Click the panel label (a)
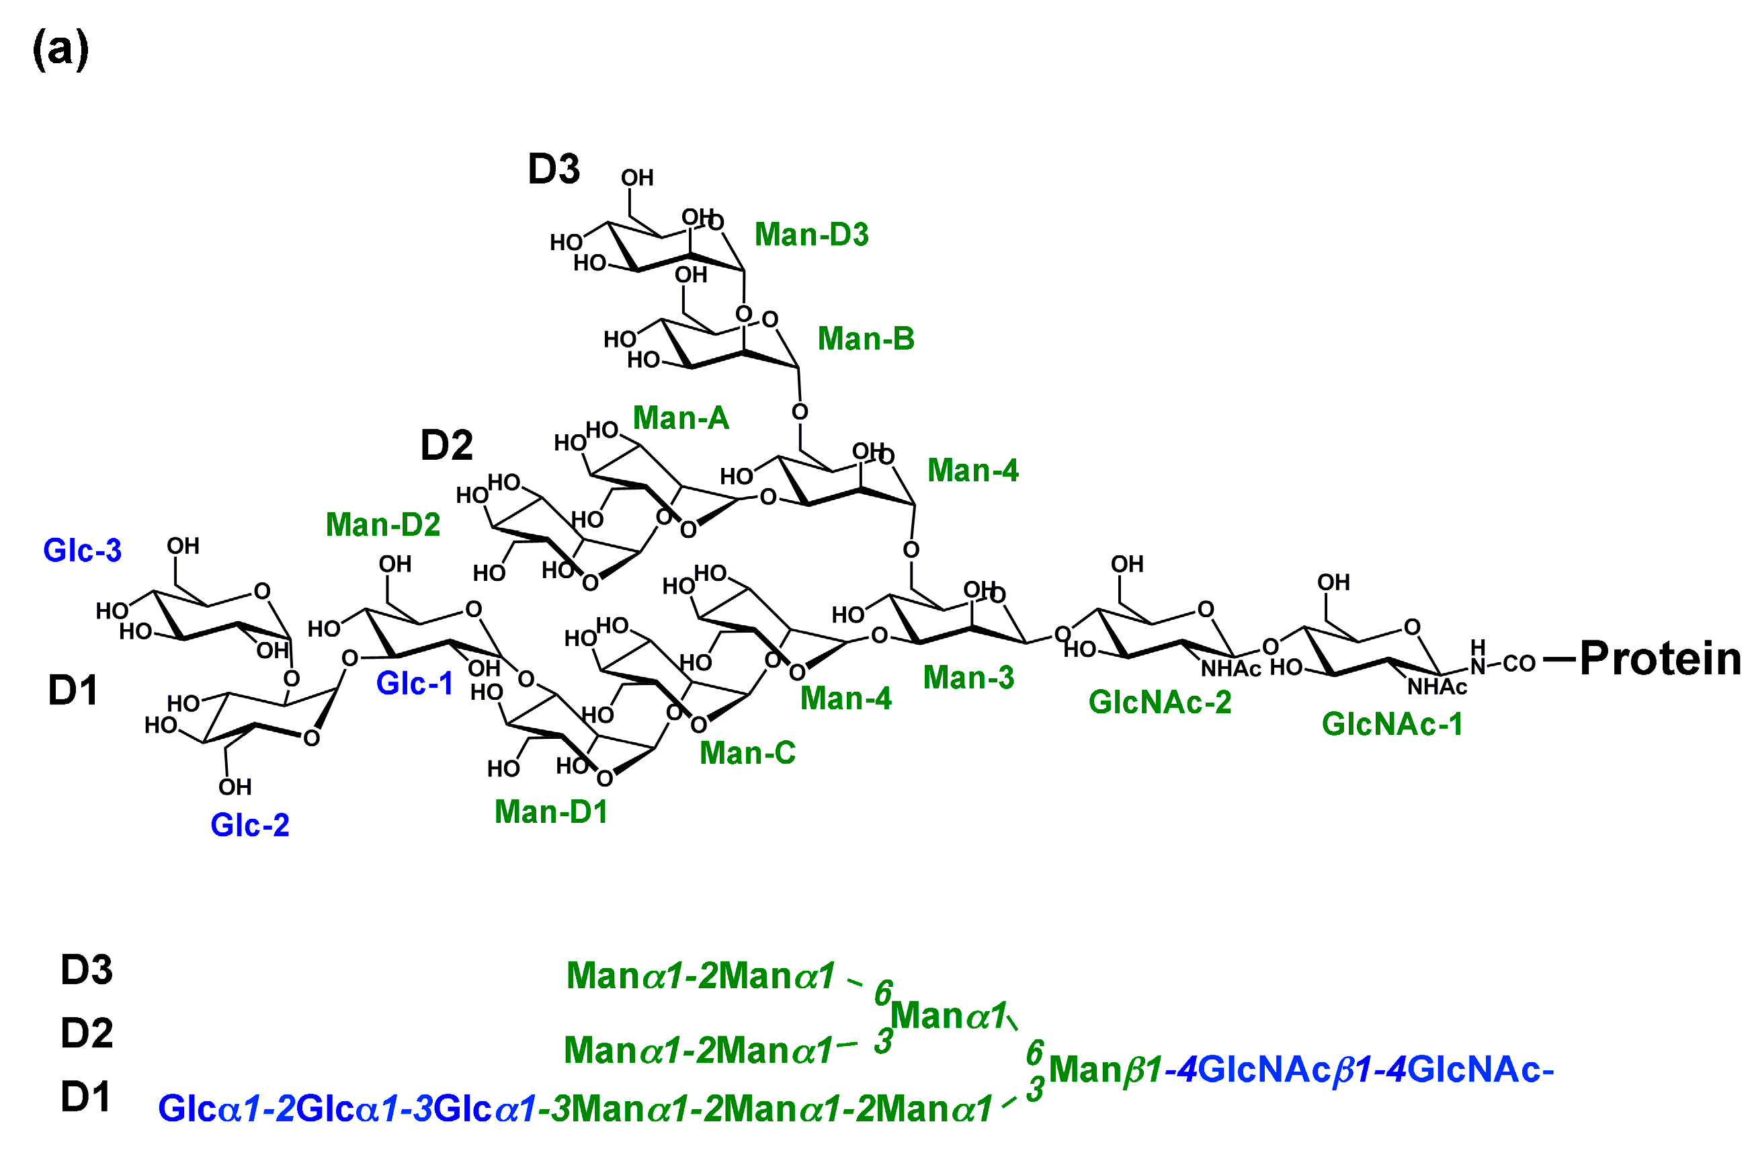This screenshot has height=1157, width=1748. click(60, 50)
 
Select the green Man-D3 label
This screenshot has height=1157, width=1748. click(810, 235)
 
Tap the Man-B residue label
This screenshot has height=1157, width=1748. click(865, 339)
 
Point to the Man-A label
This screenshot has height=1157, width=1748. click(680, 418)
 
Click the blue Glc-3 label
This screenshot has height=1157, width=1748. click(82, 551)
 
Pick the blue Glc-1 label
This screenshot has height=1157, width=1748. click(414, 683)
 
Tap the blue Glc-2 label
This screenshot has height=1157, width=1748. click(249, 825)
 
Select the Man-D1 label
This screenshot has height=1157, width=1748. click(550, 811)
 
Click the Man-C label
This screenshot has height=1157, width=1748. click(747, 753)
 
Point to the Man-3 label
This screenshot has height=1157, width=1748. click(968, 678)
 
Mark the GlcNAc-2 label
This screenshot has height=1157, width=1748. click(1159, 702)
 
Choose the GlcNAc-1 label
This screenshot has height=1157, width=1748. click(1392, 724)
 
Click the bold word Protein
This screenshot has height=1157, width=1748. click(1659, 658)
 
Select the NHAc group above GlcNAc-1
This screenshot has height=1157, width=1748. click(1437, 687)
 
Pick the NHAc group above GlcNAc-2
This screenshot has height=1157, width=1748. click(1231, 668)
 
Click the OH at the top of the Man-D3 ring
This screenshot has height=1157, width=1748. click(636, 178)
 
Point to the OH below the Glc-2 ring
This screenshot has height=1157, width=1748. click(235, 787)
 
